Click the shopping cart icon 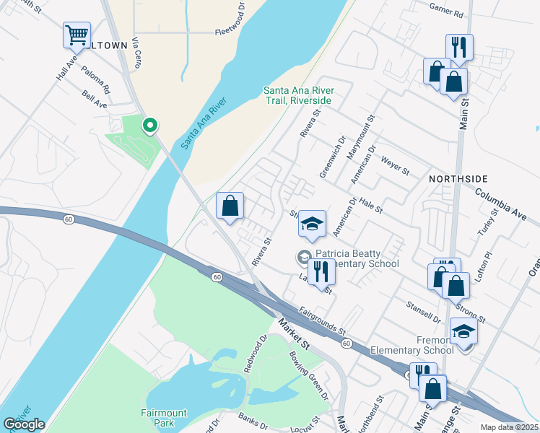coord(77,35)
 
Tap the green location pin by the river coord(150,126)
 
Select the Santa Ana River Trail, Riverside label coord(297,95)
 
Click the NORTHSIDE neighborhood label coord(458,178)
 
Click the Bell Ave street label coord(95,100)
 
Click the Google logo coord(24,424)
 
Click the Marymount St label coord(362,131)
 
